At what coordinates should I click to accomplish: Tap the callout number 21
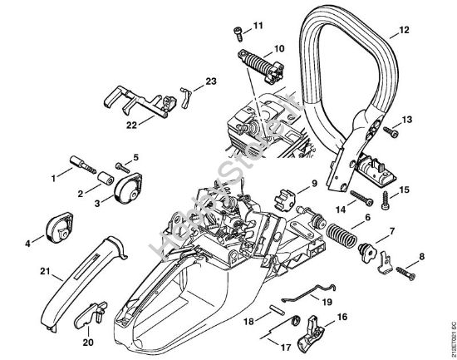pyautogui.click(x=22, y=270)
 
